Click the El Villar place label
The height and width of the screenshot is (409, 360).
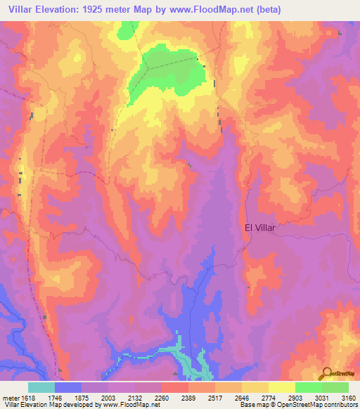pos(261,228)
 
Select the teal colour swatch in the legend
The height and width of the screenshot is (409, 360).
pos(41,387)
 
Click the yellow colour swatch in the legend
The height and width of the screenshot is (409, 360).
pos(281,387)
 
